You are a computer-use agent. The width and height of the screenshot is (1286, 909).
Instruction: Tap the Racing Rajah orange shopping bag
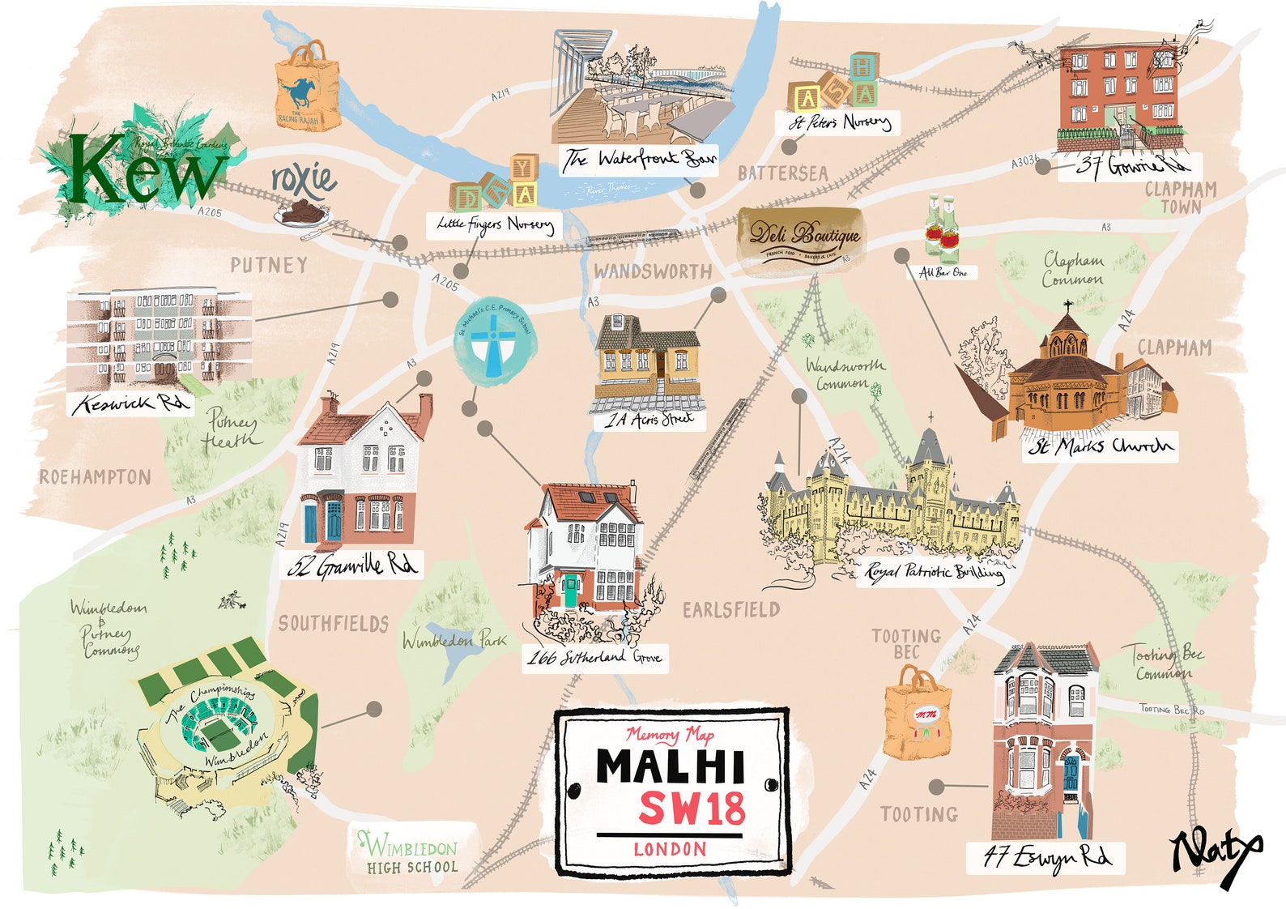pos(307,89)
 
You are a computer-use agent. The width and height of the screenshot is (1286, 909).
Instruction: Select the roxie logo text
pos(303,179)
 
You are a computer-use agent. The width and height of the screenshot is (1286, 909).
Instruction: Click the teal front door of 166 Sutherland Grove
pos(571,591)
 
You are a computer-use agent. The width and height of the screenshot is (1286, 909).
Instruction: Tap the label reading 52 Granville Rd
pos(353,565)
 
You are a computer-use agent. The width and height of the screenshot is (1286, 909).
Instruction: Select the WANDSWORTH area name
pos(653,272)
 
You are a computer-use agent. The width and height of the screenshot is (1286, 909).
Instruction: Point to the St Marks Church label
pos(1100,446)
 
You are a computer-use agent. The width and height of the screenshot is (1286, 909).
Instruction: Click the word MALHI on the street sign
pos(671,766)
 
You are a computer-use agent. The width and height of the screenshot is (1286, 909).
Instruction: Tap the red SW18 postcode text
pos(692,808)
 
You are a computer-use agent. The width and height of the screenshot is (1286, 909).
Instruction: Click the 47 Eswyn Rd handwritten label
pos(1047,857)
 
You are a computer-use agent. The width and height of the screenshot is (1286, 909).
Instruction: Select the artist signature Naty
pos(1215,855)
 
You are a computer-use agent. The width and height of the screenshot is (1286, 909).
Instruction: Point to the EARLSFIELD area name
pos(731,610)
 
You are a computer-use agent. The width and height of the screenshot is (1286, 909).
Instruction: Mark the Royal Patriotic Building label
pos(934,572)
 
